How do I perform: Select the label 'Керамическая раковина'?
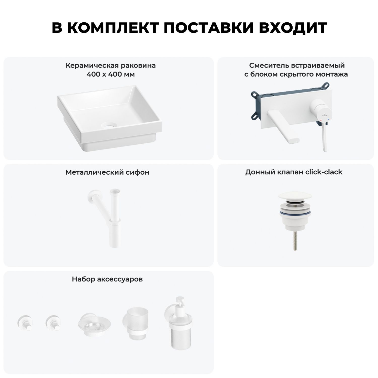(111, 66)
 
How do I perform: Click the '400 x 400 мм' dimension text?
(111, 75)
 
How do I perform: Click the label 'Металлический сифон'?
(107, 172)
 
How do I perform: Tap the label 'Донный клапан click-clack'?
(294, 172)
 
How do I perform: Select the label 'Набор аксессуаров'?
(107, 279)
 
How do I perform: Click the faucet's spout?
(285, 124)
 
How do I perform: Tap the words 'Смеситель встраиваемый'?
(297, 66)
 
